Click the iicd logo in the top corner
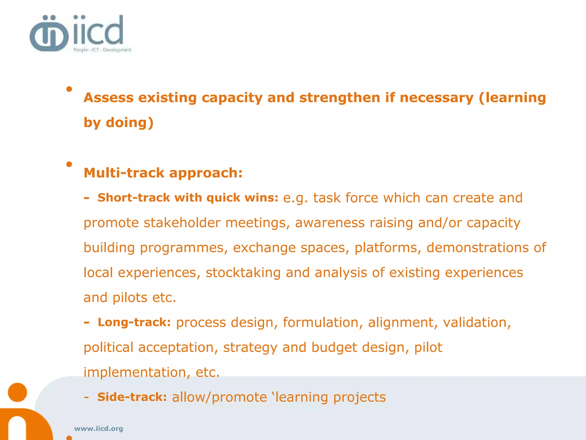pos(80,34)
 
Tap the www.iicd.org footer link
pos(98,429)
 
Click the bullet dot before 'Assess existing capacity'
pos(69,89)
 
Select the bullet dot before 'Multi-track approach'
pos(69,164)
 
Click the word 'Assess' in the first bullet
pos(108,98)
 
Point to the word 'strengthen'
pos(340,98)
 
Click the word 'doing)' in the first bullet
pos(130,123)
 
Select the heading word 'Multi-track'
pos(124,173)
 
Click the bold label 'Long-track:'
pos(134,322)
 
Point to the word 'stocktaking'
pos(243,273)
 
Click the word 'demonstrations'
pos(478,248)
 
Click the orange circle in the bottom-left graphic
pos(17,392)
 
